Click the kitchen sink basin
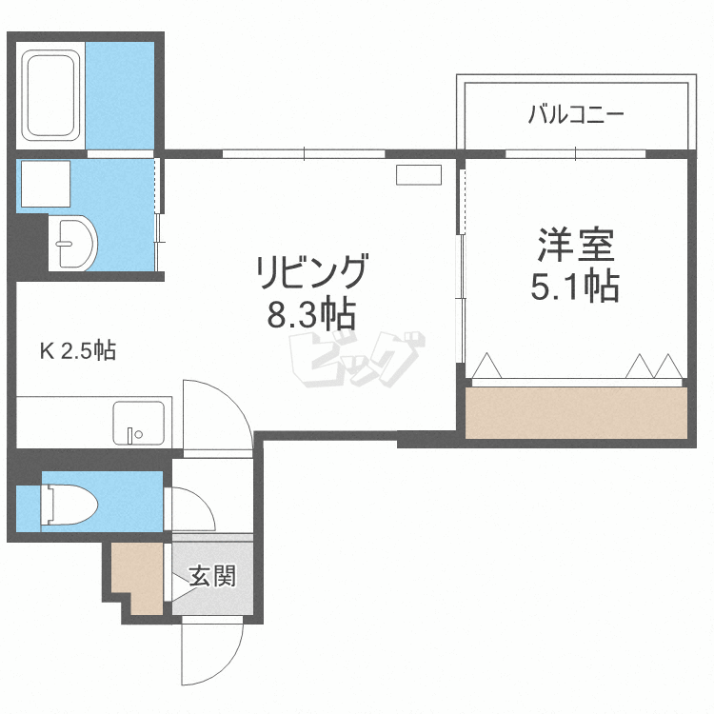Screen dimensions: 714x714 (138, 422)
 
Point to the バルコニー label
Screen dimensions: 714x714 (576, 116)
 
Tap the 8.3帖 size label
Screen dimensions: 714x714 (310, 315)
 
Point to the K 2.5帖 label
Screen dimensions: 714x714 (77, 352)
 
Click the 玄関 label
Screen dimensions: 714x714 (211, 576)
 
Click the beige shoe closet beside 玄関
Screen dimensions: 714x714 (138, 576)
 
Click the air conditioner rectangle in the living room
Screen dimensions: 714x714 (419, 175)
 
